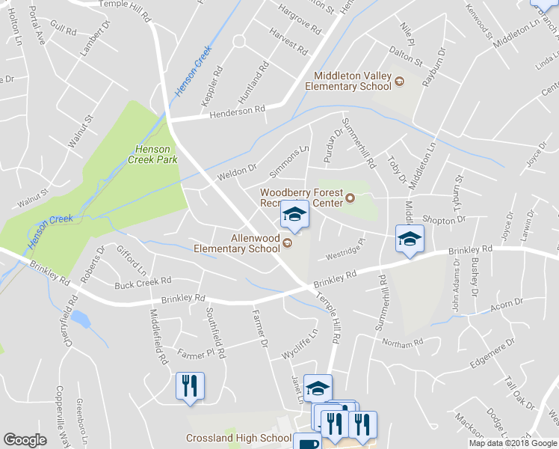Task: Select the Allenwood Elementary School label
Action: [x=236, y=243]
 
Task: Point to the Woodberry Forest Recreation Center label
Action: [x=301, y=197]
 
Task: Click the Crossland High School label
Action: [x=239, y=438]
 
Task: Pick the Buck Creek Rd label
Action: [x=143, y=282]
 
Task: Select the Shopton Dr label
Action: [x=444, y=220]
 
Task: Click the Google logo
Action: [x=25, y=439]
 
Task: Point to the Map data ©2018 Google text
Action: [x=513, y=443]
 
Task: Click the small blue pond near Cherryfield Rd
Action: [x=81, y=320]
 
